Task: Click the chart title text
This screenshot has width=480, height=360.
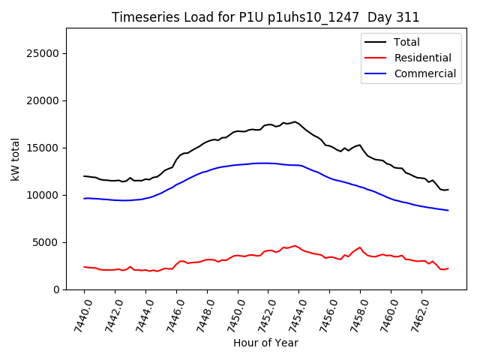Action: pyautogui.click(x=265, y=17)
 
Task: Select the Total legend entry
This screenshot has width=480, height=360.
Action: pyautogui.click(x=406, y=42)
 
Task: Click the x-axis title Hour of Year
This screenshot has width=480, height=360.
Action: pyautogui.click(x=265, y=343)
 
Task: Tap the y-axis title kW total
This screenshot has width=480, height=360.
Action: pyautogui.click(x=15, y=159)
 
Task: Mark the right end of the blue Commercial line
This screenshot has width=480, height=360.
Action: pyautogui.click(x=448, y=210)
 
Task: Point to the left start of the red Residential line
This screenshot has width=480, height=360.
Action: pyautogui.click(x=84, y=267)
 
